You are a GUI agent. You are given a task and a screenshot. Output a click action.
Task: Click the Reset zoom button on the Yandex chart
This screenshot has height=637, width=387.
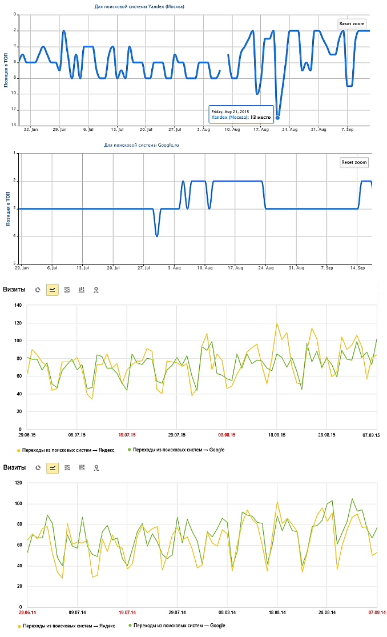click(x=352, y=23)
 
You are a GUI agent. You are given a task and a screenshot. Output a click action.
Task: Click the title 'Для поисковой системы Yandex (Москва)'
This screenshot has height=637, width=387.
click(x=139, y=6)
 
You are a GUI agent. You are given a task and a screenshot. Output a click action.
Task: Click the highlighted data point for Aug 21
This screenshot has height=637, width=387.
click(x=277, y=118)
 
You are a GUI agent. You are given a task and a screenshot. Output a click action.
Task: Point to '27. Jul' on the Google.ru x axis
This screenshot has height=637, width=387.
click(x=144, y=267)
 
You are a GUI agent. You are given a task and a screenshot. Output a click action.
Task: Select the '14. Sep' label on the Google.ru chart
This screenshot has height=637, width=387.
click(x=358, y=267)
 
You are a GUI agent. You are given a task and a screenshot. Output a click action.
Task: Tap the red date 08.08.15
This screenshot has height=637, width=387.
click(x=227, y=435)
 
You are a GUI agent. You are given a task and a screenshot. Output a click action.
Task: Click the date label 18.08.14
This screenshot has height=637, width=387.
click(x=277, y=612)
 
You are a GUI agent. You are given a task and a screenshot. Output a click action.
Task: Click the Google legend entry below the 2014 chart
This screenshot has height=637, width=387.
click(x=178, y=626)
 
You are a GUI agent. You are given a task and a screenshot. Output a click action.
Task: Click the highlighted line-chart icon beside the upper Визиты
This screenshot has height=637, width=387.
click(x=53, y=290)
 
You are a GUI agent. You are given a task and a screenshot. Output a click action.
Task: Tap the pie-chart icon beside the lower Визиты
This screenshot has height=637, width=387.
click(x=38, y=468)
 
